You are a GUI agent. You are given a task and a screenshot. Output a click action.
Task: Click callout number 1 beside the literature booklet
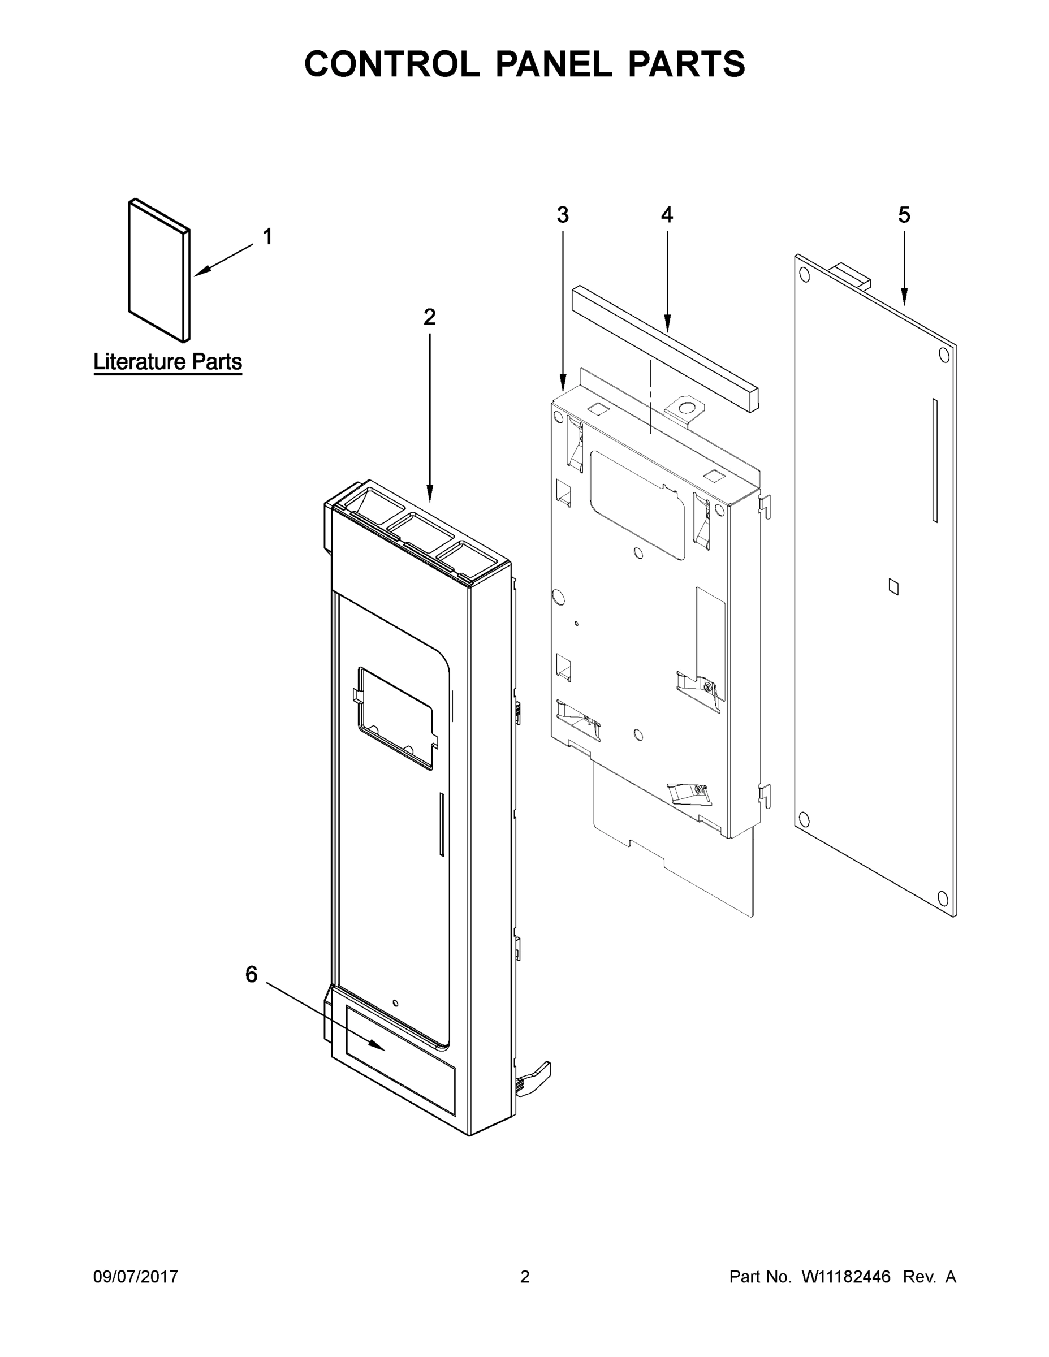(268, 237)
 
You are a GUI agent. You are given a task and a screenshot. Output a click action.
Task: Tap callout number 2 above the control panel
(429, 318)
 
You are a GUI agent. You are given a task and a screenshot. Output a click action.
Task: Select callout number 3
(563, 215)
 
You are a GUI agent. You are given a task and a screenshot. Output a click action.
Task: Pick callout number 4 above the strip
(667, 215)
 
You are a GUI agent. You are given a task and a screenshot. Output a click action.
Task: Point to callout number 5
(904, 215)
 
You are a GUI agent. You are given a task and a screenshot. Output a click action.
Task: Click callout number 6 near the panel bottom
(251, 975)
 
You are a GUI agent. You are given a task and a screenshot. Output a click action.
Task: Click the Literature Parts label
(168, 362)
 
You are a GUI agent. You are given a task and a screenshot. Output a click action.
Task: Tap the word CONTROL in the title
(391, 64)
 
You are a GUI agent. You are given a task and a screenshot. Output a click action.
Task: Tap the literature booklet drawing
(159, 270)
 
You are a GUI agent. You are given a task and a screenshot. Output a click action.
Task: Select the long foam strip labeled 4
(665, 348)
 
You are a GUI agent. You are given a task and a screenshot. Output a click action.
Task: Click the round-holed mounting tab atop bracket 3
(687, 409)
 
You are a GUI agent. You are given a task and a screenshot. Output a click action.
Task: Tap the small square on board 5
(893, 586)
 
